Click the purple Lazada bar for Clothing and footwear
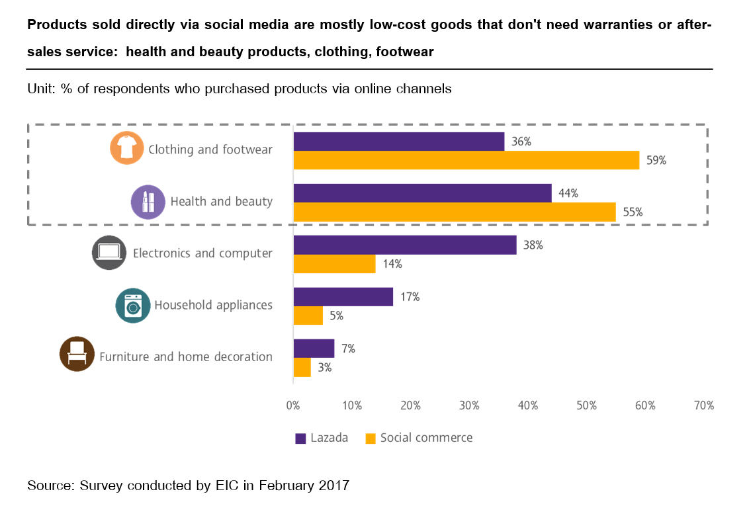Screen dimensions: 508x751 [x=398, y=142]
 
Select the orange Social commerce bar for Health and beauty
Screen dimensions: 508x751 [x=454, y=212]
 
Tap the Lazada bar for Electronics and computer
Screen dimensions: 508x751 [x=404, y=245]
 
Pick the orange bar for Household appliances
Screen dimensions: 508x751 [x=308, y=316]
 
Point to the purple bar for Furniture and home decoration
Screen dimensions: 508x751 [x=314, y=349]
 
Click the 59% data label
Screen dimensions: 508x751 [x=656, y=161]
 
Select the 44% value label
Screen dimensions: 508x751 [x=568, y=193]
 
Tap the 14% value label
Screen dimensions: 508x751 [x=392, y=264]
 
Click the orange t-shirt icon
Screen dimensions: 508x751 [x=126, y=148]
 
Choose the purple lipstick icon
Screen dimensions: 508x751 [x=148, y=201]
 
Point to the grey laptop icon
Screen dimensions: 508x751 [x=109, y=253]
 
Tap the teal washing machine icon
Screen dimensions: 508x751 [x=132, y=305]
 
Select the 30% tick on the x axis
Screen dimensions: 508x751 [x=469, y=405]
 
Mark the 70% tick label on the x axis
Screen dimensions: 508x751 [x=703, y=405]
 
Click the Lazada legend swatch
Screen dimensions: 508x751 [x=300, y=438]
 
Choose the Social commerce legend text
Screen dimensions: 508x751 [x=426, y=438]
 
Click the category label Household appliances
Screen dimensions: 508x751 [x=213, y=305]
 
